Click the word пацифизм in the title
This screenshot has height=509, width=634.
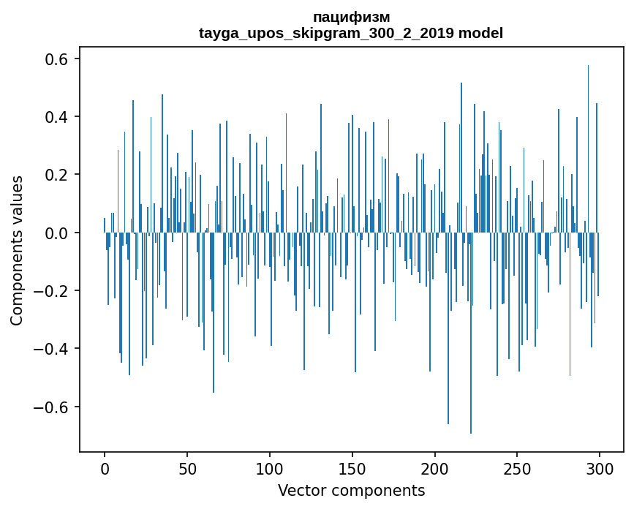point(351,17)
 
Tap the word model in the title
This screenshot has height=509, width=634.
point(480,33)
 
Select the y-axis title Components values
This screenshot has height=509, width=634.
point(17,250)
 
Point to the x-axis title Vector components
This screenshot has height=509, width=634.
point(351,490)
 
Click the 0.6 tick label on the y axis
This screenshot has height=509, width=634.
point(57,59)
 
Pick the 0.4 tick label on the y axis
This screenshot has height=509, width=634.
point(57,117)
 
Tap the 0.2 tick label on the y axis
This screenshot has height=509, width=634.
point(57,175)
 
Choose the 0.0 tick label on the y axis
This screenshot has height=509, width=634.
point(57,233)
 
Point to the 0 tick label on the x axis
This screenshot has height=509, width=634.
point(105,468)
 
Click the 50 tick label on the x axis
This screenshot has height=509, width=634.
point(187,468)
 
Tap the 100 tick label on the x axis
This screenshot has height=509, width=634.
point(270,468)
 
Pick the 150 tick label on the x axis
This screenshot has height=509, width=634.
point(352,468)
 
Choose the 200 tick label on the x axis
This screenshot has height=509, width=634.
point(435,468)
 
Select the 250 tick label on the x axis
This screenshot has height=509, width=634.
point(518,468)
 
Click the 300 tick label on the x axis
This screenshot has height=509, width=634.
point(600,468)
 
